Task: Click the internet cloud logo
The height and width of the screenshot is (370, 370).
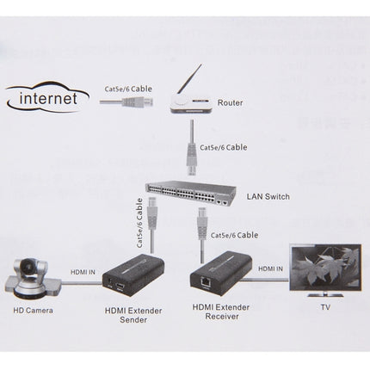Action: coord(48,97)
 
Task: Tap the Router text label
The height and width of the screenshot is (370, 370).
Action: coord(230,102)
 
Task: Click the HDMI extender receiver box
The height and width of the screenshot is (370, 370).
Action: coord(219,274)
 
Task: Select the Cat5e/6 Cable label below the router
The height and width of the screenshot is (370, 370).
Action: coord(222,146)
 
